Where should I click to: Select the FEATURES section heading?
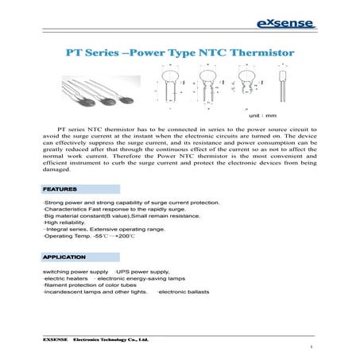click(x=60, y=190)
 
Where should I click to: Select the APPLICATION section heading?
click(x=63, y=258)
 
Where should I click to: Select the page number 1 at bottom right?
click(x=312, y=347)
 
